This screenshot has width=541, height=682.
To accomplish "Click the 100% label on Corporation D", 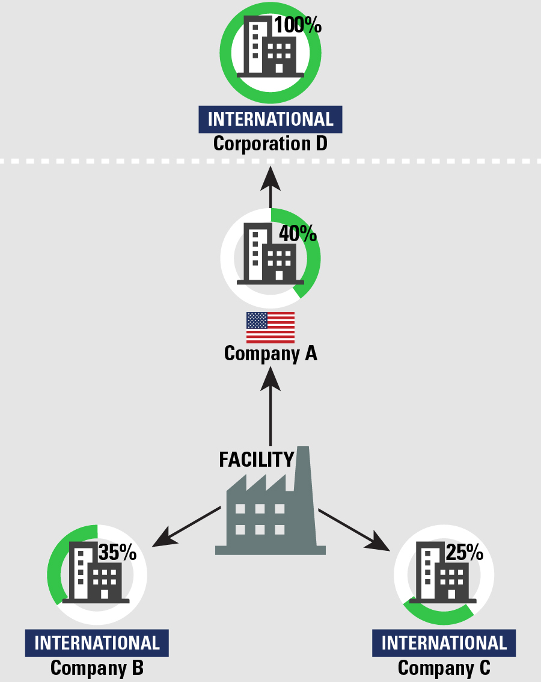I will (298, 25).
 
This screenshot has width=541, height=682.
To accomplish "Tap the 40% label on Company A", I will (297, 233).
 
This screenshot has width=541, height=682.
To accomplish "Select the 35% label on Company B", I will (117, 551).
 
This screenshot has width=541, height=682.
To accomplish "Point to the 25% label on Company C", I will (464, 551).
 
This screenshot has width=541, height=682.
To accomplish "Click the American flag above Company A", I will (270, 327).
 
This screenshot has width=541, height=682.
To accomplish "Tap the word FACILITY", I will (256, 459).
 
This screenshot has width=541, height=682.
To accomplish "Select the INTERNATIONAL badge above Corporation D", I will (270, 119).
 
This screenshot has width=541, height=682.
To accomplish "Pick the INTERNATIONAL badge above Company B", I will (97, 643).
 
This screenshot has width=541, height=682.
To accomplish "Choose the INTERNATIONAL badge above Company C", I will (444, 643).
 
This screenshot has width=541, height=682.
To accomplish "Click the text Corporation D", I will (270, 144).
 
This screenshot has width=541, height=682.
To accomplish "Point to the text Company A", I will (270, 353).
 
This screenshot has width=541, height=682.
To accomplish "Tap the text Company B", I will (97, 668).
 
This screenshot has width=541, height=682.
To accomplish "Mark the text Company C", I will (444, 668).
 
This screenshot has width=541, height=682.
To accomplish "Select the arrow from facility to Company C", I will (355, 529).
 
